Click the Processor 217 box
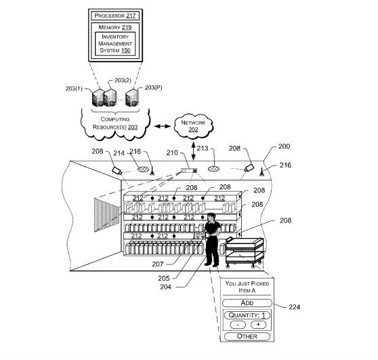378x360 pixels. [x=115, y=16]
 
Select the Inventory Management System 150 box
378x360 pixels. [x=115, y=43]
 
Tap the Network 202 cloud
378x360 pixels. [x=193, y=126]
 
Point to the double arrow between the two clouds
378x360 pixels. [x=163, y=126]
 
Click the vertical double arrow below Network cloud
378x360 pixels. [x=193, y=151]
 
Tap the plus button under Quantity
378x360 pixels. [x=258, y=325]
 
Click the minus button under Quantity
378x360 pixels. [x=238, y=325]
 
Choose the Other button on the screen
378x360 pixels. [x=247, y=336]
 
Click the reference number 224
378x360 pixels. [x=295, y=307]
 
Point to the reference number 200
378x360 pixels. [x=285, y=146]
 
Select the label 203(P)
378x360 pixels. [x=153, y=87]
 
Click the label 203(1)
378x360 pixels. [x=74, y=89]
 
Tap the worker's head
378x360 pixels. [x=211, y=217]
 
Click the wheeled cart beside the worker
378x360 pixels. [x=244, y=252]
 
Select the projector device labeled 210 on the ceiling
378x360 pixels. [x=189, y=170]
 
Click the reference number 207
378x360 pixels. [x=158, y=264]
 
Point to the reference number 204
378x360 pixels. [x=165, y=287]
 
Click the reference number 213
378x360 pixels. [x=203, y=148]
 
